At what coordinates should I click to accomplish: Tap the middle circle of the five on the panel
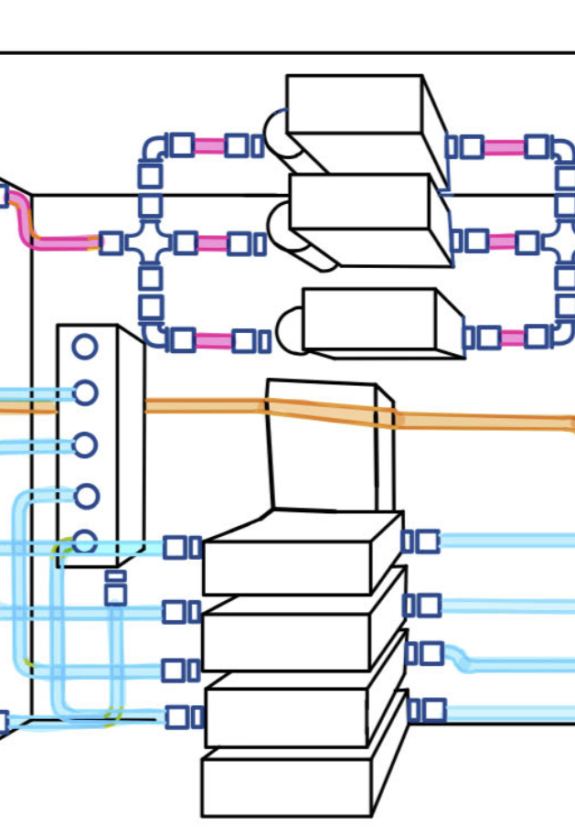[85, 445]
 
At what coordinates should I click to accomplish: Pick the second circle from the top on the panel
[85, 393]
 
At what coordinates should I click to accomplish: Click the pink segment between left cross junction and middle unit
[212, 243]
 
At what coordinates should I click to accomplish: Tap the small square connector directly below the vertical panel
[115, 594]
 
